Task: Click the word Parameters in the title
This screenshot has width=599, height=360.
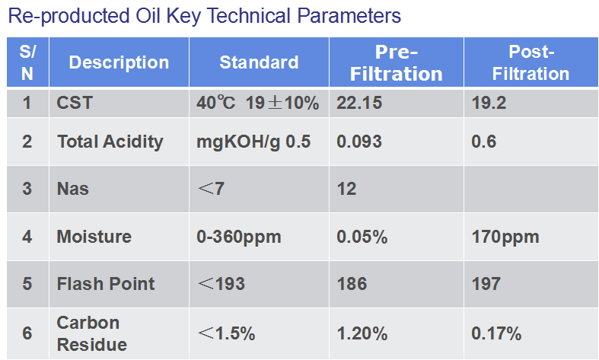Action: coord(349,17)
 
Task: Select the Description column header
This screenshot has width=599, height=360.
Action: coord(119,62)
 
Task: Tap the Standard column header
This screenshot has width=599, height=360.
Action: coord(259,62)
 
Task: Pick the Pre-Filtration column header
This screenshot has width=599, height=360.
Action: coord(397,62)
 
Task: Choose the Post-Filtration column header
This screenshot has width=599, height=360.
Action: coord(531,62)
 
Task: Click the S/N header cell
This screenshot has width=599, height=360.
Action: coord(27,62)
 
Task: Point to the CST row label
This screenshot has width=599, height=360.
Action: coord(75,103)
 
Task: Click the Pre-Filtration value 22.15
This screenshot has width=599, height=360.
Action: coord(359,103)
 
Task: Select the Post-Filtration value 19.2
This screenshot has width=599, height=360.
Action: coord(489,103)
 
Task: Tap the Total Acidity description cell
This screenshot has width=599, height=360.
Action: coord(110,142)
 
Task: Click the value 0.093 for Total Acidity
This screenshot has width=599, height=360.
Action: coord(359,142)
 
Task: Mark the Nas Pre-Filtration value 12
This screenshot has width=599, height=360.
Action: coord(346,189)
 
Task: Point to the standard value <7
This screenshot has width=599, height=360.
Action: coord(211,189)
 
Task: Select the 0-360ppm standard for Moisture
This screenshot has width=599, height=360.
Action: coord(239,237)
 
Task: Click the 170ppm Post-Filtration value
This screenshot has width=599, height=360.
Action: coord(505,237)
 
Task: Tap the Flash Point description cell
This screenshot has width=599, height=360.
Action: coord(106,284)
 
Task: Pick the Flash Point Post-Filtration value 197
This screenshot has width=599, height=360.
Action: coord(486,284)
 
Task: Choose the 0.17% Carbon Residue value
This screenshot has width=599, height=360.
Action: coord(496,333)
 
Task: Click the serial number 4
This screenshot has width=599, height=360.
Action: coord(27,237)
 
